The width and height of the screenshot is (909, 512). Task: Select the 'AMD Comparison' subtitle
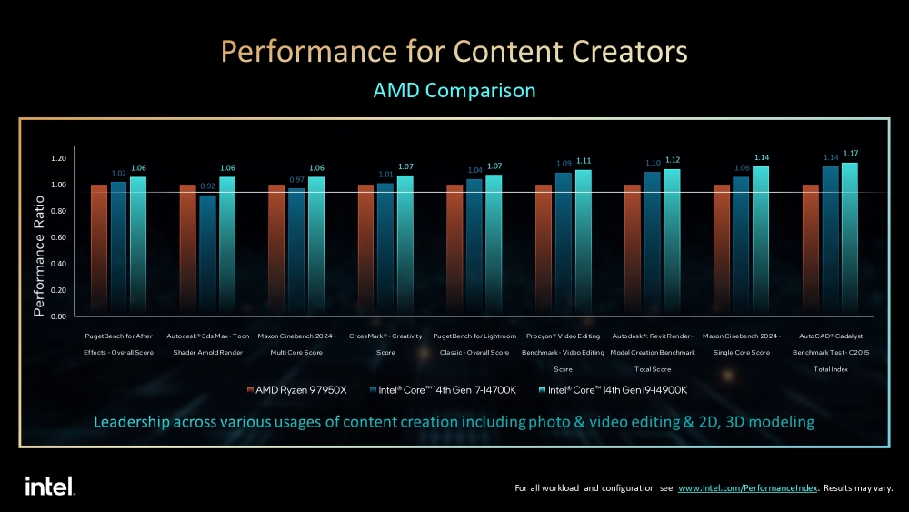[x=454, y=91]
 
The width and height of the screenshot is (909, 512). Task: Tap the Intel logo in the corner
[x=49, y=486]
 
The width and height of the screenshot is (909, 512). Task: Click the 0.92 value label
[x=207, y=186]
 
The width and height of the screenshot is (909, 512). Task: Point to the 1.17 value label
[x=851, y=153]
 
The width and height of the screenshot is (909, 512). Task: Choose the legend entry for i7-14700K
[x=443, y=390]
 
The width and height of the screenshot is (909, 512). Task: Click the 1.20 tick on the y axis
[x=58, y=158]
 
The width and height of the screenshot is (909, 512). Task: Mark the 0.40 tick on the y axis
[x=58, y=264]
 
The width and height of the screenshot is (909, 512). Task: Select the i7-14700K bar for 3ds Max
[x=207, y=255]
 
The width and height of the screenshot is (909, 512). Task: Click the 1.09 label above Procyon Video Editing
[x=564, y=164]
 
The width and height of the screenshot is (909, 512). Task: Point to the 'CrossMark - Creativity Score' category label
[x=386, y=344]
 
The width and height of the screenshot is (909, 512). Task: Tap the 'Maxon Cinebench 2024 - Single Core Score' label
[x=742, y=344]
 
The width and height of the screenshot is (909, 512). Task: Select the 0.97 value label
[x=296, y=179]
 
